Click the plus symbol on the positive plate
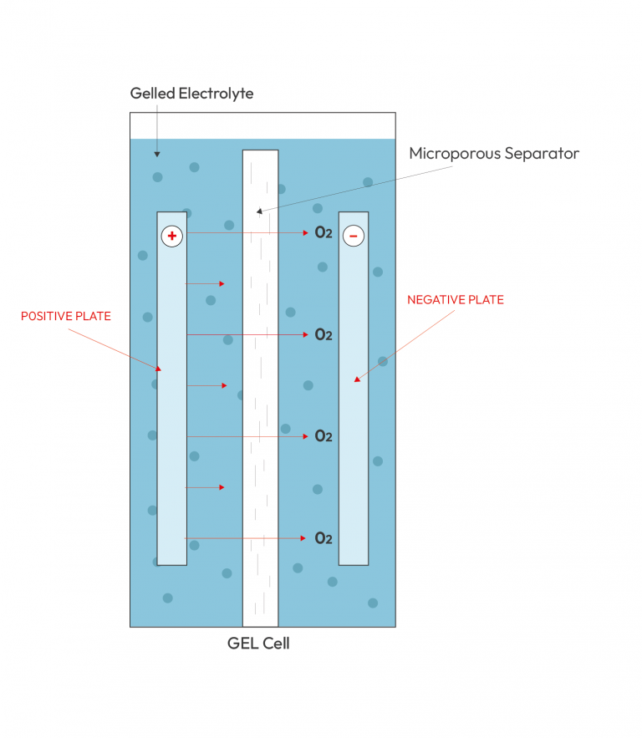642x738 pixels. tap(172, 236)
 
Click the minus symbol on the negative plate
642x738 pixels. tap(354, 236)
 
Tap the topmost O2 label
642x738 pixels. tap(324, 232)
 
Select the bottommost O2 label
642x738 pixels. tap(324, 538)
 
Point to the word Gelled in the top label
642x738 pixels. tap(152, 94)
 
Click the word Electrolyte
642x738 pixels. tap(216, 94)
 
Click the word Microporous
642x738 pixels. tap(455, 154)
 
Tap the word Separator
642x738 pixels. tap(542, 154)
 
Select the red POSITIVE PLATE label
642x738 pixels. tap(66, 316)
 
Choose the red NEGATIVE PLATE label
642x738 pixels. tap(456, 300)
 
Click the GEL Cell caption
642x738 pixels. tap(258, 643)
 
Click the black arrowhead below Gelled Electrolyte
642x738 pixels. tap(157, 155)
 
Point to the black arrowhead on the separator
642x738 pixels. tap(259, 211)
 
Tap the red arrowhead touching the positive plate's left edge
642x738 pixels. tap(159, 369)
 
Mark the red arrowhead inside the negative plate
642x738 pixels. tap(357, 379)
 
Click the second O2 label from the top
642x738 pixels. tap(324, 334)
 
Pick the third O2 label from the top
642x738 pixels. tap(324, 436)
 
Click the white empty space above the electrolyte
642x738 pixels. tap(262, 125)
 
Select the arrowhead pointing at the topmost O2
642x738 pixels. tap(305, 232)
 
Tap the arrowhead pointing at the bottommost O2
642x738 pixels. tap(303, 538)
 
